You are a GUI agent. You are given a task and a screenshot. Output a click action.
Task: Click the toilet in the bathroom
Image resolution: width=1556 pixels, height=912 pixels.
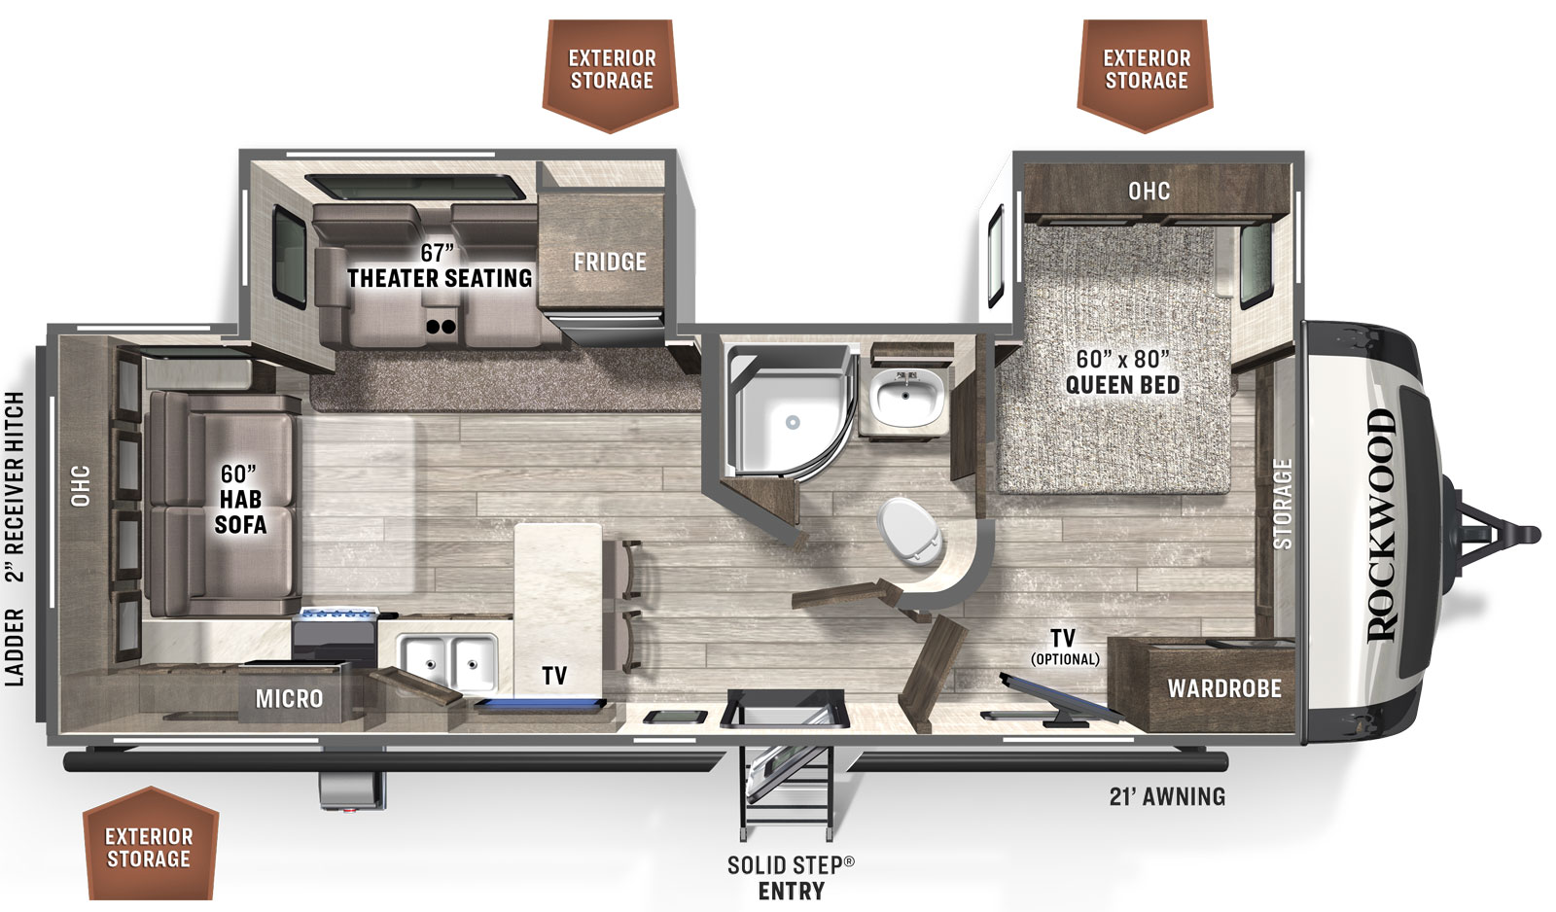click(x=912, y=531)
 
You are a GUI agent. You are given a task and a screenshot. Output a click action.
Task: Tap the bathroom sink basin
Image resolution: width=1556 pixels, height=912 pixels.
click(x=906, y=398)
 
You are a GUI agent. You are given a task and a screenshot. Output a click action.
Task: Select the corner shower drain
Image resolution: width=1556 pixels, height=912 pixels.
click(x=793, y=423)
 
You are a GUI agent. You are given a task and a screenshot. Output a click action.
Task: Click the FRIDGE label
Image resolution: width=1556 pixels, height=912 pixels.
click(x=610, y=262)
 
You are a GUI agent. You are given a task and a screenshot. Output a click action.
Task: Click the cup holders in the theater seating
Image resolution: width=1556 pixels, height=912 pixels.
click(x=441, y=327)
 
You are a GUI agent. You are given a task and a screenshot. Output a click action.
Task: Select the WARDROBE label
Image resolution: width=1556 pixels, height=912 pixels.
click(x=1224, y=688)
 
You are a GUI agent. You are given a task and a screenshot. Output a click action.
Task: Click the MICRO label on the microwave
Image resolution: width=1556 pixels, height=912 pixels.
click(x=289, y=698)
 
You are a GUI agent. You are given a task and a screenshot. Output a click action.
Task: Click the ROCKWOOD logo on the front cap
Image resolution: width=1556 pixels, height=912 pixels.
click(x=1381, y=525)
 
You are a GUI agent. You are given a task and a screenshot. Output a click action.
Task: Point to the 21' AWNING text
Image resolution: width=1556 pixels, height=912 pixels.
click(x=1167, y=796)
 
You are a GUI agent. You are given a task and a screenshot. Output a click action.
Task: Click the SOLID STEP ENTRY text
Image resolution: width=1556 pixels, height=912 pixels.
click(x=791, y=877)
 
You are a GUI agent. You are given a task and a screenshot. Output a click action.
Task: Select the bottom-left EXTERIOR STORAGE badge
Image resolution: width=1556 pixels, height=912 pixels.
click(x=149, y=847)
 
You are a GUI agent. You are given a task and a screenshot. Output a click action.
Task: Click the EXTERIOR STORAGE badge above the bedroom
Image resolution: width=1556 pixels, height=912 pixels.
click(x=1147, y=70)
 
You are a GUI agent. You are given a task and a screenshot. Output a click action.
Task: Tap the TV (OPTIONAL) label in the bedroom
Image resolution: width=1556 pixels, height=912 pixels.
click(x=1064, y=647)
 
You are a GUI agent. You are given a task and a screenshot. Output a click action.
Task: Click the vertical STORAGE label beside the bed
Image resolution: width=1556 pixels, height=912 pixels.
click(x=1283, y=504)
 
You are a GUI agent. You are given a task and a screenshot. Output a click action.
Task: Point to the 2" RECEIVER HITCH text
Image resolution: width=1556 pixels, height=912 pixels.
click(x=15, y=486)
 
